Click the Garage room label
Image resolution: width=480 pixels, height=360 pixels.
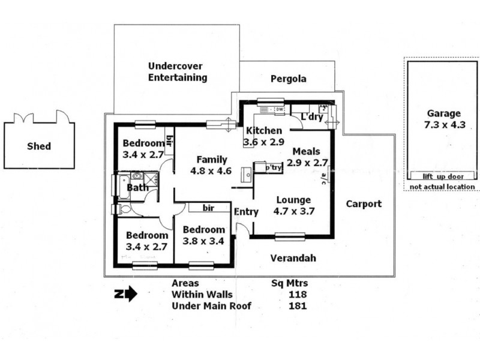point(443,113)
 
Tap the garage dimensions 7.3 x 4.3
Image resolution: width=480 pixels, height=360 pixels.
point(443,125)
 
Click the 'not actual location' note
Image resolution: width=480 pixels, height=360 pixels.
point(443,187)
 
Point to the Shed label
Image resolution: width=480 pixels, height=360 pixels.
point(39,146)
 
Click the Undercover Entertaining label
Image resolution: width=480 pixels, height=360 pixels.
point(178,72)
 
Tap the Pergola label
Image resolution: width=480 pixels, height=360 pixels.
point(288,79)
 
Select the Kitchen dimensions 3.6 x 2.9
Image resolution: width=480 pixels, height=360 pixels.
point(263,142)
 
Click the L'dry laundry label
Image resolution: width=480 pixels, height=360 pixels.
point(312,117)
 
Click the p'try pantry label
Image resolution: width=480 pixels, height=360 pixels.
point(274,168)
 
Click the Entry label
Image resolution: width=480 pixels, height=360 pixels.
point(246,212)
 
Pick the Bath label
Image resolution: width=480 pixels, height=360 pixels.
point(137,188)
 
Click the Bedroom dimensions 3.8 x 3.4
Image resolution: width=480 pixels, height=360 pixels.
point(204,241)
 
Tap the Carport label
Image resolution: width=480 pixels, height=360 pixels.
point(364,204)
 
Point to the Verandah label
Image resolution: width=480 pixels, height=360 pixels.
point(293,258)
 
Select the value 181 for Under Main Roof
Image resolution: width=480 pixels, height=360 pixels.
point(297,306)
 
